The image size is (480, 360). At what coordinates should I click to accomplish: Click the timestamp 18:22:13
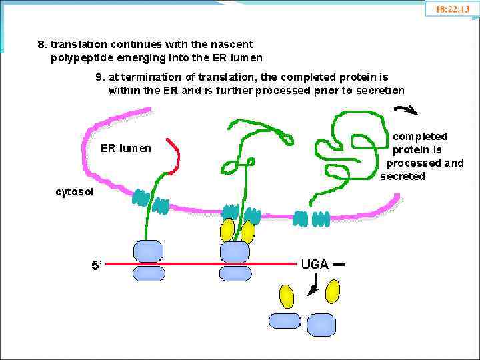pyautogui.click(x=452, y=9)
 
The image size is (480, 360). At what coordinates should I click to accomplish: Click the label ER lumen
pyautogui.click(x=126, y=149)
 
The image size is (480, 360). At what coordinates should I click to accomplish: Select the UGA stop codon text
pyautogui.click(x=315, y=264)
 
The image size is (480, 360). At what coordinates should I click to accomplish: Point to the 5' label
pyautogui.click(x=97, y=265)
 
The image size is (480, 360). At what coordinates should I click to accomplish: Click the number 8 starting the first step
pyautogui.click(x=41, y=45)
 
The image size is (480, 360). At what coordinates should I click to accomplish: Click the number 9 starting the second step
pyautogui.click(x=99, y=77)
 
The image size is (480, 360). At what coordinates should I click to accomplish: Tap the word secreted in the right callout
pyautogui.click(x=402, y=177)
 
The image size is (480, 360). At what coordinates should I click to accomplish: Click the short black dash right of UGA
pyautogui.click(x=339, y=265)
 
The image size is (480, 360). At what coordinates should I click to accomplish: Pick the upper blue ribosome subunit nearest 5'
pyautogui.click(x=149, y=251)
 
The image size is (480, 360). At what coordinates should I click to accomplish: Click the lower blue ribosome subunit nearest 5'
pyautogui.click(x=149, y=273)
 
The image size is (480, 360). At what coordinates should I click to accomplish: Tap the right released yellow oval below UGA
pyautogui.click(x=332, y=291)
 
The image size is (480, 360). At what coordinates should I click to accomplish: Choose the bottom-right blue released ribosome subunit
pyautogui.click(x=321, y=324)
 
